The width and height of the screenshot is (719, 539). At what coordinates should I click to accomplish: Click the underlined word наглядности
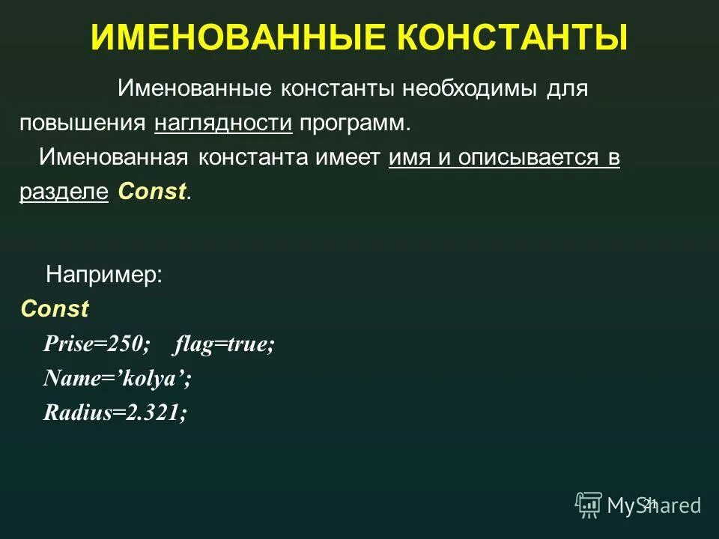tap(223, 124)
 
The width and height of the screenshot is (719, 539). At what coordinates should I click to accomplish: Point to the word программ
tap(354, 124)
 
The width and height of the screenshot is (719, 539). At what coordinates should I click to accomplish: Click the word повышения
tap(82, 124)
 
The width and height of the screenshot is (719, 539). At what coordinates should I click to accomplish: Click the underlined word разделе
tap(64, 192)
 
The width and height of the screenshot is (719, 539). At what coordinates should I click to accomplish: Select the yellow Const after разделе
tap(152, 192)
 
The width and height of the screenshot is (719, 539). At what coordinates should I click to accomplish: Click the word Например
tap(104, 275)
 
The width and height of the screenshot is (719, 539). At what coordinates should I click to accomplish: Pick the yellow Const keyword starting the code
tap(55, 308)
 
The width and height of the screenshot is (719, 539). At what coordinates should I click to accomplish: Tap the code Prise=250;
tap(97, 344)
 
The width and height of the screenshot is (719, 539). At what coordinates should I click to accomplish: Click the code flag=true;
tap(225, 344)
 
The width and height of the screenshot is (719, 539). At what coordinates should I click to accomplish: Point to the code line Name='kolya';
tap(118, 378)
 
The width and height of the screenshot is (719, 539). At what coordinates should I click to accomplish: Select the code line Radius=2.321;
tap(115, 412)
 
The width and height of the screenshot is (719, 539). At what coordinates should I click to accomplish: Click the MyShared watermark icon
tap(589, 504)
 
